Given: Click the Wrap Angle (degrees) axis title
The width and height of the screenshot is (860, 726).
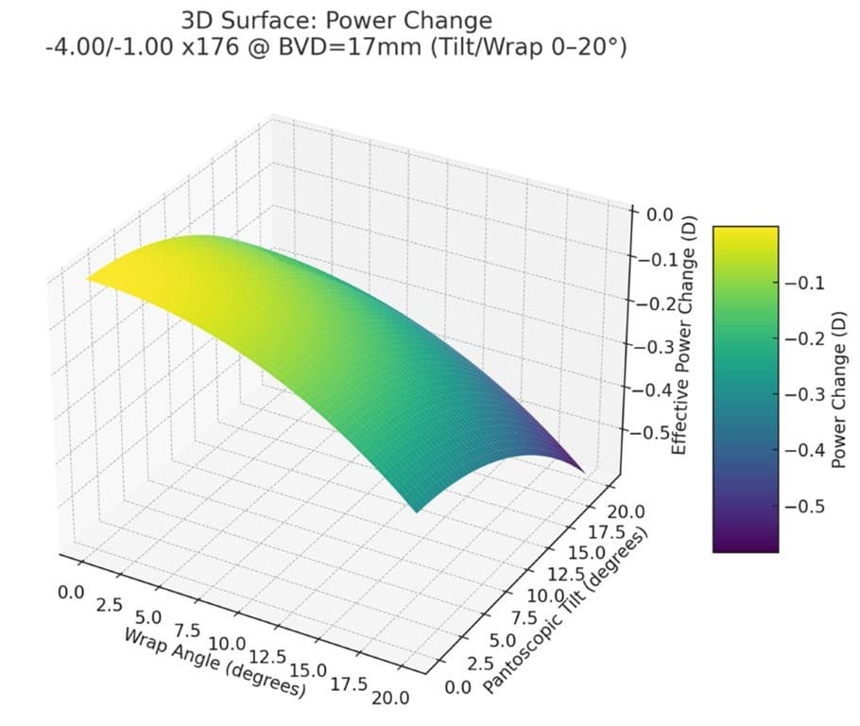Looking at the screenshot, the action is click(215, 663).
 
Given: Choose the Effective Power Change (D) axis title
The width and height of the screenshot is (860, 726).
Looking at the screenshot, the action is click(685, 335).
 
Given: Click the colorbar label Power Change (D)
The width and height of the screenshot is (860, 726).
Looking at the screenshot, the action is click(838, 389).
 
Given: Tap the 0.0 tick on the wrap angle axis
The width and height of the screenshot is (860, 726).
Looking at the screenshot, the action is click(71, 593).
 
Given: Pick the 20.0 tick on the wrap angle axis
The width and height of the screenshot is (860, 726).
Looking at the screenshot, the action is click(390, 698).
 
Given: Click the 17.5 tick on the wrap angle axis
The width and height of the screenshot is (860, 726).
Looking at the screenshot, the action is click(349, 683).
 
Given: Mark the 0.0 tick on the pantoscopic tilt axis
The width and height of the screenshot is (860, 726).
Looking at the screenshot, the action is click(458, 687).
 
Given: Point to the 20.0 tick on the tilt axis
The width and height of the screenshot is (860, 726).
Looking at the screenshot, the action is click(626, 511).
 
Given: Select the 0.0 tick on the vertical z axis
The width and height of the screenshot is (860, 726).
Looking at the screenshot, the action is click(660, 214).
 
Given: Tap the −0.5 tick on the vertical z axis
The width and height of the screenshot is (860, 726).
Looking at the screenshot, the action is click(650, 432).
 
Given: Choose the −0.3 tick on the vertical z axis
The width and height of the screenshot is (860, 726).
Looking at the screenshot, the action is click(654, 347).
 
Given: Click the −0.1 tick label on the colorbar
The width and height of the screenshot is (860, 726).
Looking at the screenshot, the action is click(804, 284).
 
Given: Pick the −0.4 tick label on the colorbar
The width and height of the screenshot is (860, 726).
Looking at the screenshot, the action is click(804, 450).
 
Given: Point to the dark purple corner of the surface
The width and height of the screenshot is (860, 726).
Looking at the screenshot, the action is click(583, 471).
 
